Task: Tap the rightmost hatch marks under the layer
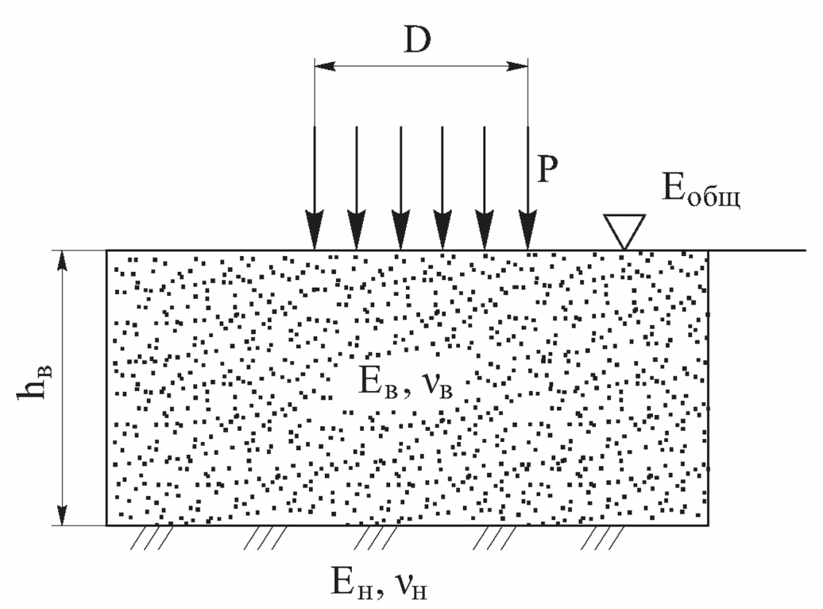[601, 538]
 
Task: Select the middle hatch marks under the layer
[375, 538]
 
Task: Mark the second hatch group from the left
[265, 538]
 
